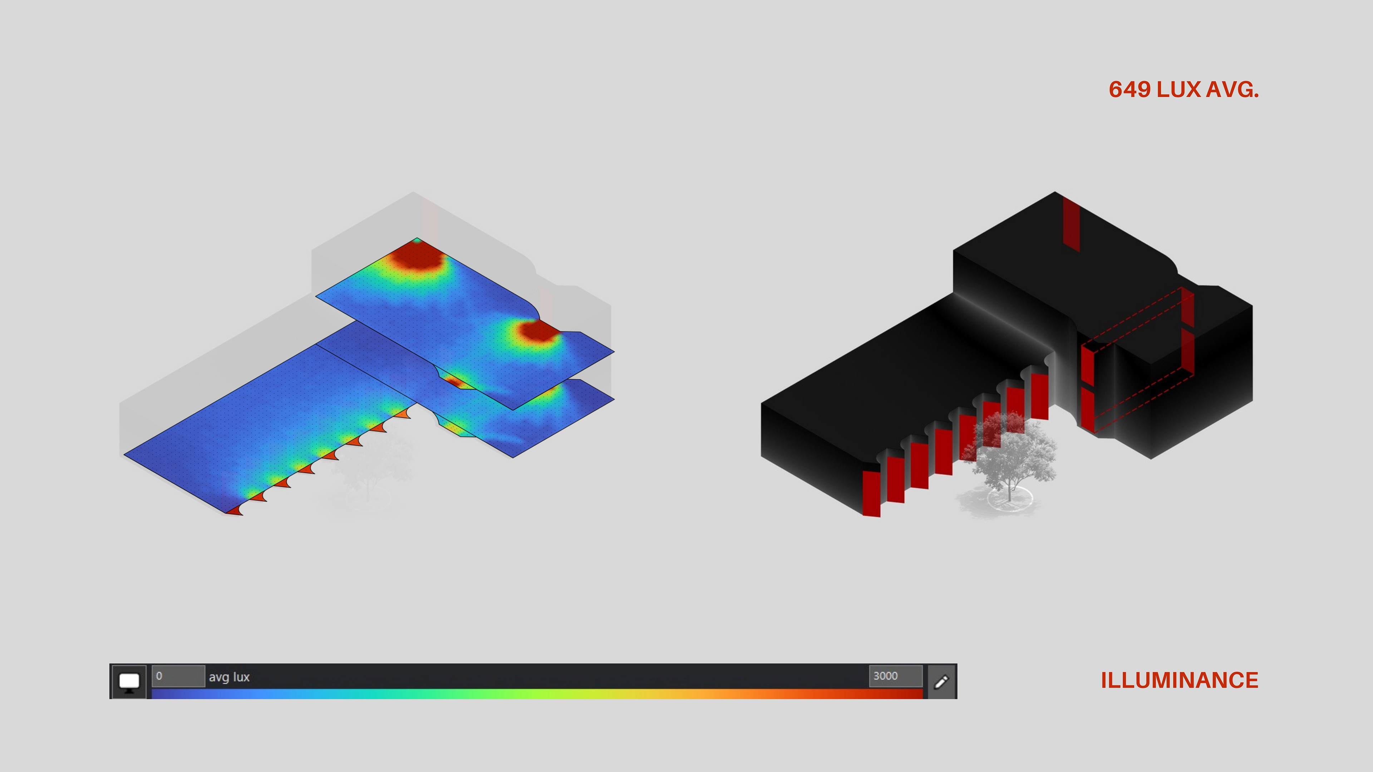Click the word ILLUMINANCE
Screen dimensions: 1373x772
[1180, 681]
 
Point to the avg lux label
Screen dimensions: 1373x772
[229, 677]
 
